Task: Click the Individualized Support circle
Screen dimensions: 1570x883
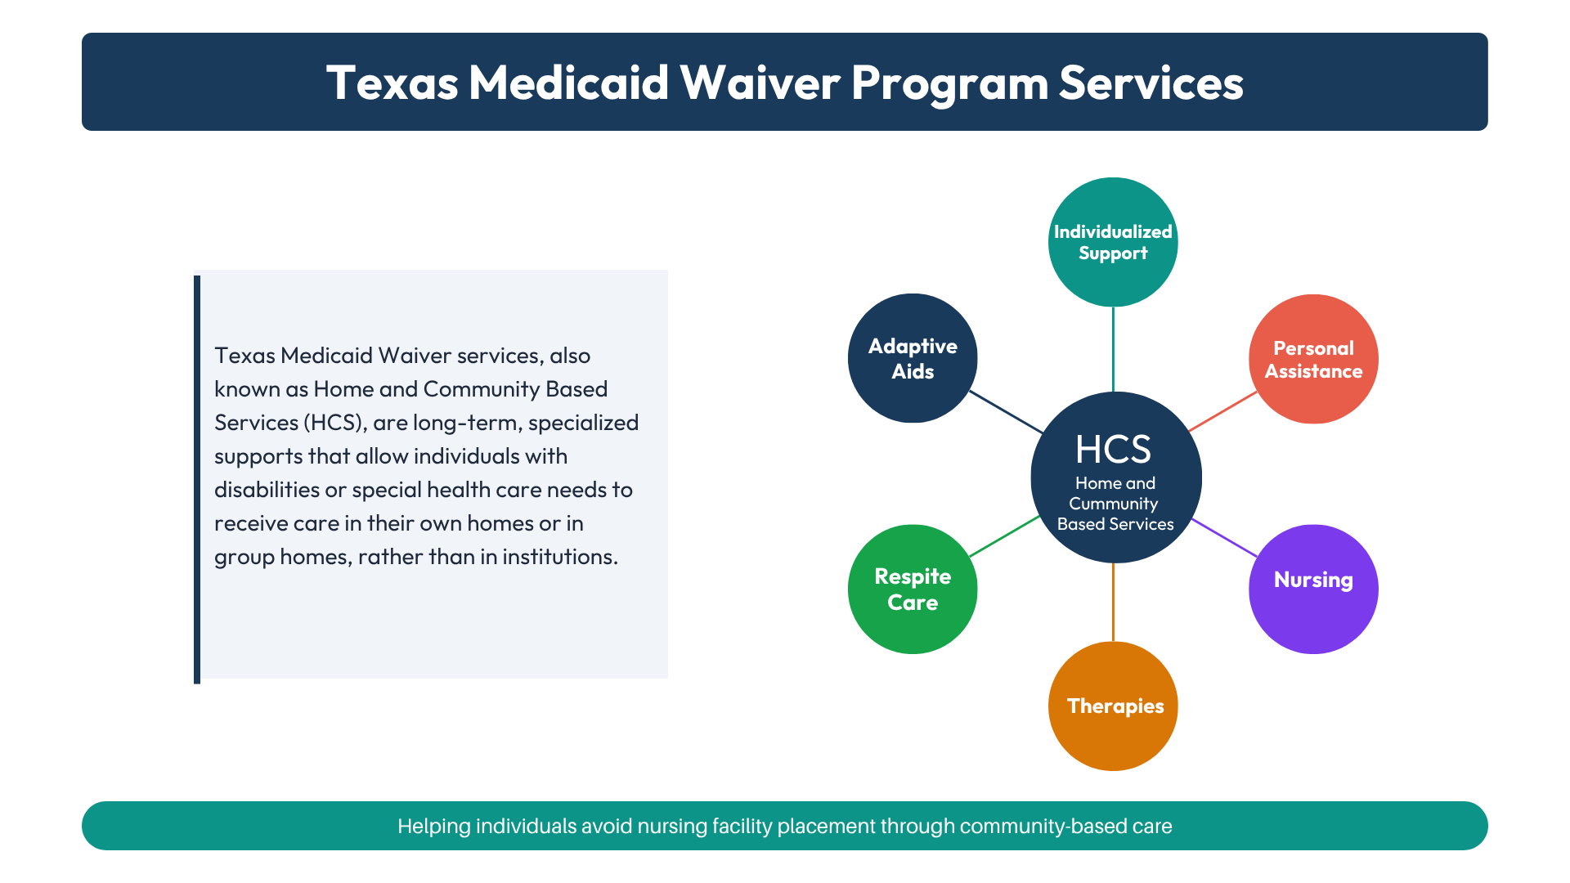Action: (x=1113, y=242)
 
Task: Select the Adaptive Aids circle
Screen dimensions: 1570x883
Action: (x=913, y=358)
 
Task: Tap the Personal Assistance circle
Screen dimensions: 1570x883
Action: (x=1313, y=359)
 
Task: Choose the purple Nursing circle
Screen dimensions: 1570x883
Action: (x=1313, y=589)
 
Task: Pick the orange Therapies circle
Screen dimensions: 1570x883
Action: (x=1113, y=706)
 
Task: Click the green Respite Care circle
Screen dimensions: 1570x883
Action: (x=913, y=589)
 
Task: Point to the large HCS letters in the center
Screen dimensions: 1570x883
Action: (x=1113, y=449)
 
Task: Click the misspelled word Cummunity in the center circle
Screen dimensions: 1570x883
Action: (x=1113, y=504)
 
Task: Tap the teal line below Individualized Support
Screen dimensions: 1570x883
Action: (x=1113, y=350)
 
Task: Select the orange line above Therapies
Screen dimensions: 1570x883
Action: (x=1113, y=603)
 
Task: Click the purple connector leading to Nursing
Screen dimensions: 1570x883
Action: (x=1224, y=538)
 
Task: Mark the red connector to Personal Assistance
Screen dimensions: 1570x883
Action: (x=1222, y=411)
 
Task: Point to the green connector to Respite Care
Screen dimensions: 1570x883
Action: (x=1004, y=536)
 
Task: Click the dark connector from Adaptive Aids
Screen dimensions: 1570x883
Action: (x=1006, y=412)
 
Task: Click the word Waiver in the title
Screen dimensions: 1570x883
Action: (x=760, y=83)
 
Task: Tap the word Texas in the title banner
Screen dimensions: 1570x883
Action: (x=392, y=83)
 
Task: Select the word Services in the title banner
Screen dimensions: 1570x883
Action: (x=1151, y=83)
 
